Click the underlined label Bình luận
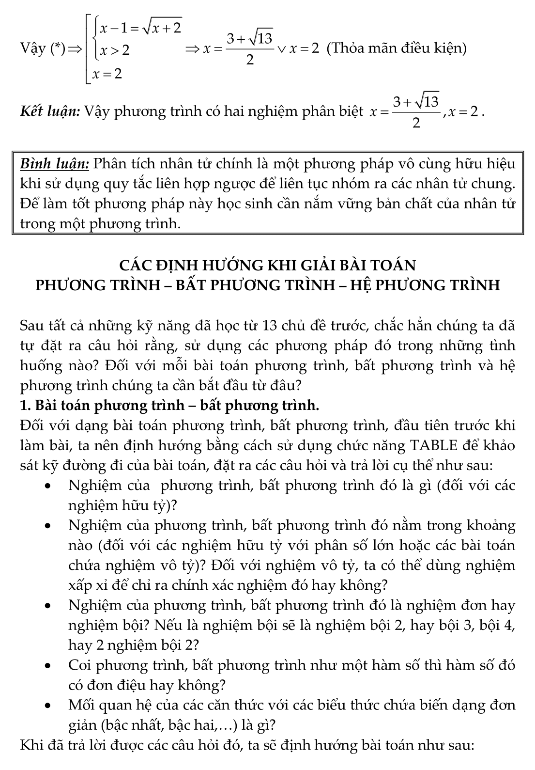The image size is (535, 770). pos(54,164)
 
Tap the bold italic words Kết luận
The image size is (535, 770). pos(50,112)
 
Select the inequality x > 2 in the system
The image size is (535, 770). pos(115,50)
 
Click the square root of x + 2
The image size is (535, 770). pos(161,28)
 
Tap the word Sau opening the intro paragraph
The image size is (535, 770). pos(32,326)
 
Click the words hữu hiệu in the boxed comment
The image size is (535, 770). pos(482,164)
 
